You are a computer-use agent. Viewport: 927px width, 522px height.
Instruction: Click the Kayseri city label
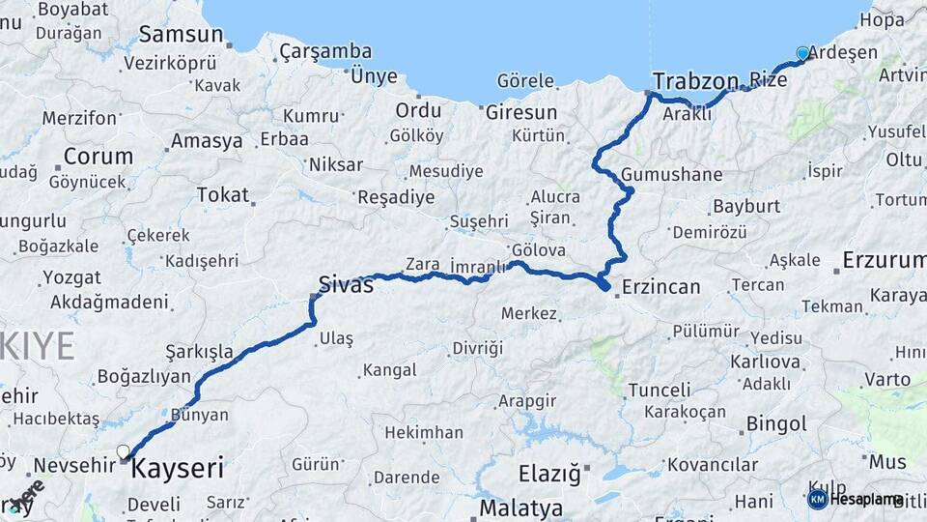pyautogui.click(x=177, y=470)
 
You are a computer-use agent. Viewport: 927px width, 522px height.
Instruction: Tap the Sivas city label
pyautogui.click(x=346, y=284)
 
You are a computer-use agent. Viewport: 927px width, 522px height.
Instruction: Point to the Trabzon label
pyautogui.click(x=695, y=80)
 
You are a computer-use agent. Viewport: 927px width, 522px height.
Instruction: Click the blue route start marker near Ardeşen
pyautogui.click(x=802, y=53)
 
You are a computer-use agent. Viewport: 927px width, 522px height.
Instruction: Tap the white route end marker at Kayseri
pyautogui.click(x=124, y=451)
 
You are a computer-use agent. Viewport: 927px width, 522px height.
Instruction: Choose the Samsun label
pyautogui.click(x=181, y=35)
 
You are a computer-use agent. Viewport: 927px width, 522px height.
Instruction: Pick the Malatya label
pyautogui.click(x=521, y=507)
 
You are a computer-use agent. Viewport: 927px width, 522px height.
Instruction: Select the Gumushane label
pyautogui.click(x=672, y=175)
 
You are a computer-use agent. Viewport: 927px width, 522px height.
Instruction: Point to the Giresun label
pyautogui.click(x=521, y=111)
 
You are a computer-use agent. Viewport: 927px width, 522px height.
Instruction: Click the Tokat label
pyautogui.click(x=223, y=194)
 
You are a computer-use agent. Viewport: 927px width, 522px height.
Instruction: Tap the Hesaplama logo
pyautogui.click(x=854, y=499)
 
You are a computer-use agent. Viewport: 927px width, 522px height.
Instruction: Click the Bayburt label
pyautogui.click(x=745, y=206)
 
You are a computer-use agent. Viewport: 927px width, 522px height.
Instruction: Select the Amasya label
pyautogui.click(x=207, y=141)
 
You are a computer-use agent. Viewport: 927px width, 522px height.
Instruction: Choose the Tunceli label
pyautogui.click(x=660, y=390)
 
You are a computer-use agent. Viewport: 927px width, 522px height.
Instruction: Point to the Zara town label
pyautogui.click(x=423, y=264)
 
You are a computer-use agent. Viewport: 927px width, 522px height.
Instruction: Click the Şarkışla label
pyautogui.click(x=199, y=350)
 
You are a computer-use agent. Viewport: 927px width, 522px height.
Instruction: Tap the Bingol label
pyautogui.click(x=776, y=423)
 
